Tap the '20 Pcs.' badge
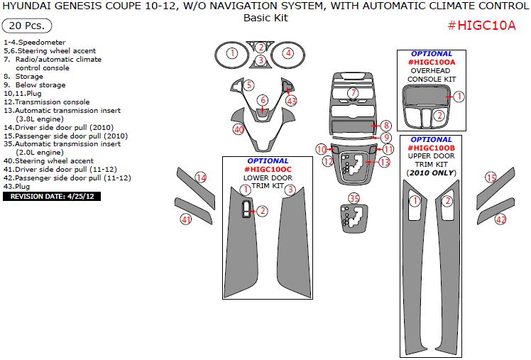27,26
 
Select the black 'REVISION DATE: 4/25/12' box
52,196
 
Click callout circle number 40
239,129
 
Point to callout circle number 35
354,197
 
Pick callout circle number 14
201,178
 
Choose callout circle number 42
500,219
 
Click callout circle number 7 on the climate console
353,93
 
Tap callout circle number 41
186,219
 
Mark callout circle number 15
491,178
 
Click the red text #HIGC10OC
268,170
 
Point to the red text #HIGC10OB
431,148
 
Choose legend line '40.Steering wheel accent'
48,161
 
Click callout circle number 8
385,125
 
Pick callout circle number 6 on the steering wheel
263,100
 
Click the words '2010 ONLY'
433,173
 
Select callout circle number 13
385,162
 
